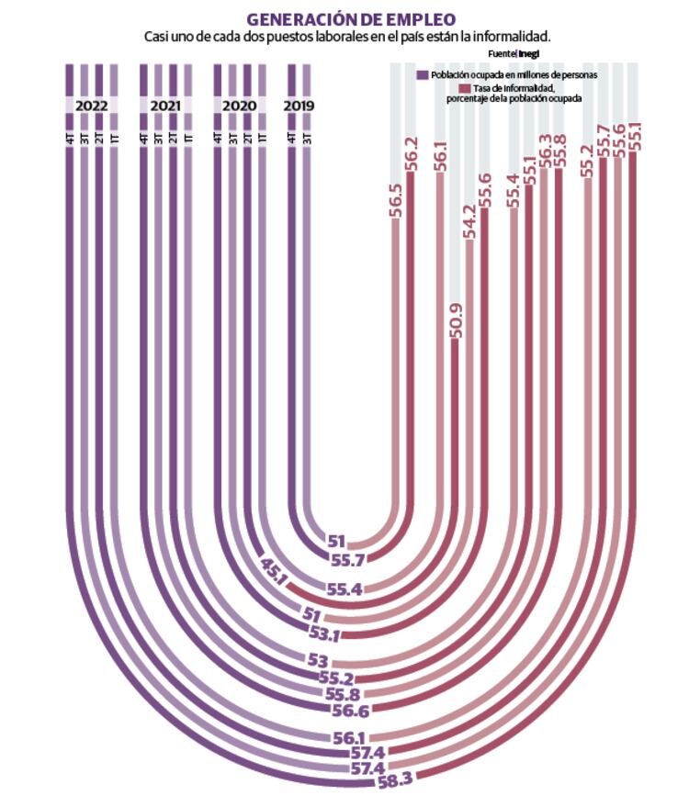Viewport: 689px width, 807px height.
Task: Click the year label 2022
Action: tap(91, 106)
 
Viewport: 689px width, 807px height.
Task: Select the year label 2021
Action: tap(165, 106)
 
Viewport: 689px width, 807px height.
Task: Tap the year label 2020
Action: tap(239, 106)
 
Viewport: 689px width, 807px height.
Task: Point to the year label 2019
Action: tap(299, 106)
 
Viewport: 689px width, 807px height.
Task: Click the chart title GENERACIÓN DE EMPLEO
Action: tap(351, 19)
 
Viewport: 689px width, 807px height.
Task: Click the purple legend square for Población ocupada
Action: tap(422, 73)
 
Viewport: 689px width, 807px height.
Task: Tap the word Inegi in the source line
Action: tap(528, 54)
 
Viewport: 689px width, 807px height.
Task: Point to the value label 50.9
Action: tap(457, 321)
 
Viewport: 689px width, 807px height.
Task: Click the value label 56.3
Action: tap(545, 151)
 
